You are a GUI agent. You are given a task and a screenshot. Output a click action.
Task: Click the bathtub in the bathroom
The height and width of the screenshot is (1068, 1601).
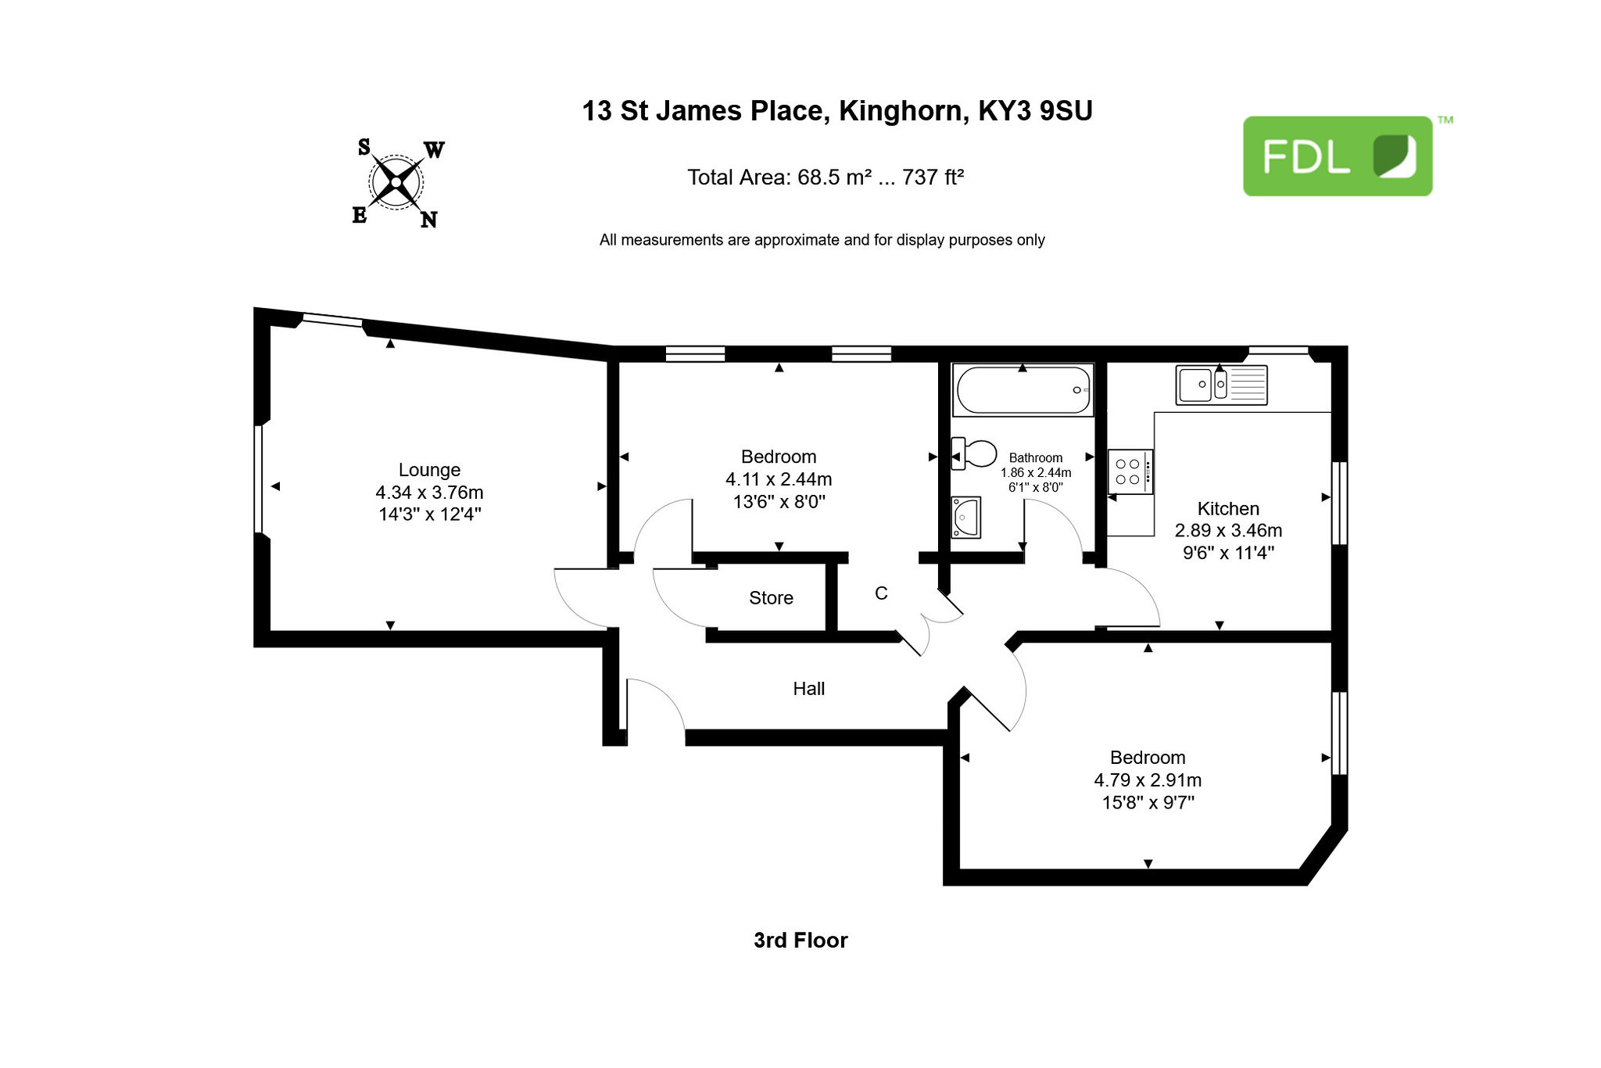(x=1023, y=389)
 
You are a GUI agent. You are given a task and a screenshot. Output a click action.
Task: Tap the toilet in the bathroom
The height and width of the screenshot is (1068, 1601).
(x=974, y=453)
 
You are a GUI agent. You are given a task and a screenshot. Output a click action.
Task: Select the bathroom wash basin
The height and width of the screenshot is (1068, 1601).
(x=965, y=518)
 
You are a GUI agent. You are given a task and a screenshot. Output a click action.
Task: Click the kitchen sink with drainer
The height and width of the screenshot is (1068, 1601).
(x=1221, y=385)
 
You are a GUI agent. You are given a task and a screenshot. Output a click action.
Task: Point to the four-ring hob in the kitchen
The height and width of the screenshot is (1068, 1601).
(x=1130, y=471)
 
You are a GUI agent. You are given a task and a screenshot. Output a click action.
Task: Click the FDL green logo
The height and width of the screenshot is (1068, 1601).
(x=1338, y=156)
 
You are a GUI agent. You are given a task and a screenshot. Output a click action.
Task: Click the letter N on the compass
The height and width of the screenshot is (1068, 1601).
(x=428, y=220)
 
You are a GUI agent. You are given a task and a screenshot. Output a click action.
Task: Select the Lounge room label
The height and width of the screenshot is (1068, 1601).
(x=429, y=470)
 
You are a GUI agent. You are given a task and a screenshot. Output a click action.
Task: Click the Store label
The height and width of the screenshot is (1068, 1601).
(x=771, y=598)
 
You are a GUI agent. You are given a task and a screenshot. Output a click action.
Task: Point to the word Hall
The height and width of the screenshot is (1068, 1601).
(x=808, y=689)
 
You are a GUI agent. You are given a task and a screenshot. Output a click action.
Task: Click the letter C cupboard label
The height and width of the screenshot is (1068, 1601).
(x=881, y=593)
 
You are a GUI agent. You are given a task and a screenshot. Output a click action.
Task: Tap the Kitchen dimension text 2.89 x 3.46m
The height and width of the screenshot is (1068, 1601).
(x=1228, y=530)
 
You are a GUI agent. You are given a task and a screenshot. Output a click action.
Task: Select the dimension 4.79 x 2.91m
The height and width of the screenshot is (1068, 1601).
(x=1148, y=779)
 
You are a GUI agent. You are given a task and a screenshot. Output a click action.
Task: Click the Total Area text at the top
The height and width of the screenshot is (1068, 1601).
(x=826, y=177)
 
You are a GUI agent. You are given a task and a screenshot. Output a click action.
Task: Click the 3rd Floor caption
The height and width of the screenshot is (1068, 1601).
(x=800, y=940)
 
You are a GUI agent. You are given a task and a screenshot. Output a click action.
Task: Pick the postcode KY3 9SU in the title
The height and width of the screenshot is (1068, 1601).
(x=1035, y=111)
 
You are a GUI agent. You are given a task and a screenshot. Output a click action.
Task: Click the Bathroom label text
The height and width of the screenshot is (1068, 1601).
(x=1036, y=458)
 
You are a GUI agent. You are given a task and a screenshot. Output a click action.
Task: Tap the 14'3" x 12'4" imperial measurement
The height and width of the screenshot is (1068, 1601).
(x=429, y=514)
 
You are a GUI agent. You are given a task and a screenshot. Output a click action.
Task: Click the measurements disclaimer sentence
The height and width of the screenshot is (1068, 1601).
(x=822, y=240)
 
